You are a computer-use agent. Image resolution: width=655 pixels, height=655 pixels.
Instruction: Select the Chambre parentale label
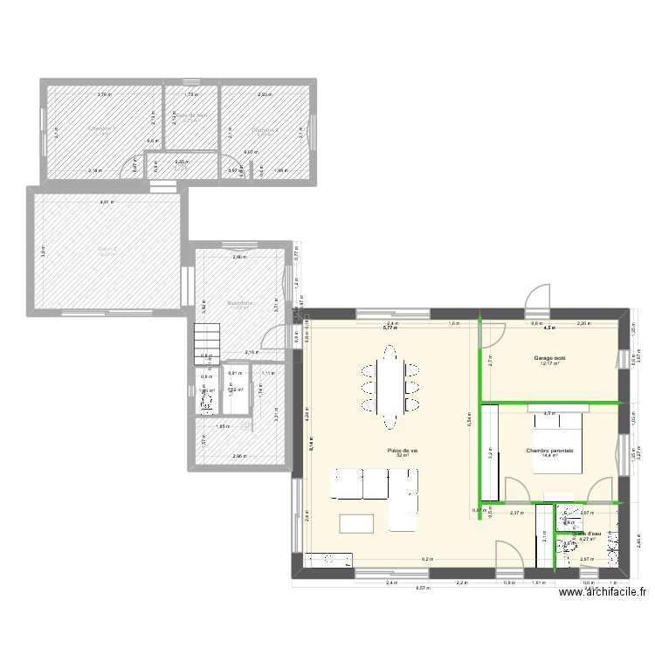(549, 451)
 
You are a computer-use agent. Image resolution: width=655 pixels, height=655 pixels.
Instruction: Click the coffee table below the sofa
(355, 523)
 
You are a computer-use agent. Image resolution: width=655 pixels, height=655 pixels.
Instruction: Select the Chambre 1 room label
(102, 128)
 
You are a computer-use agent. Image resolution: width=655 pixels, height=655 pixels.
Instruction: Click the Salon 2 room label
(107, 249)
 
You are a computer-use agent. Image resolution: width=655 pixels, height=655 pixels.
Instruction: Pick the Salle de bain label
(190, 115)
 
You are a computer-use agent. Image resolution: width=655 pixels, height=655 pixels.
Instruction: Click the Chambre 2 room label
(265, 130)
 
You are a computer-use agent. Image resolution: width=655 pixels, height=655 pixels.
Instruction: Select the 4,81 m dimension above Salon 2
(106, 203)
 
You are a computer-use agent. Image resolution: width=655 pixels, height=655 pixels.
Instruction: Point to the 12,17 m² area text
(549, 364)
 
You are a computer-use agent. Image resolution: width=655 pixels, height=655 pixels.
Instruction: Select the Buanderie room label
(239, 303)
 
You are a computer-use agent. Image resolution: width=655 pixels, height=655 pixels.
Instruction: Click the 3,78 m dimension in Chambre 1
(104, 94)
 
